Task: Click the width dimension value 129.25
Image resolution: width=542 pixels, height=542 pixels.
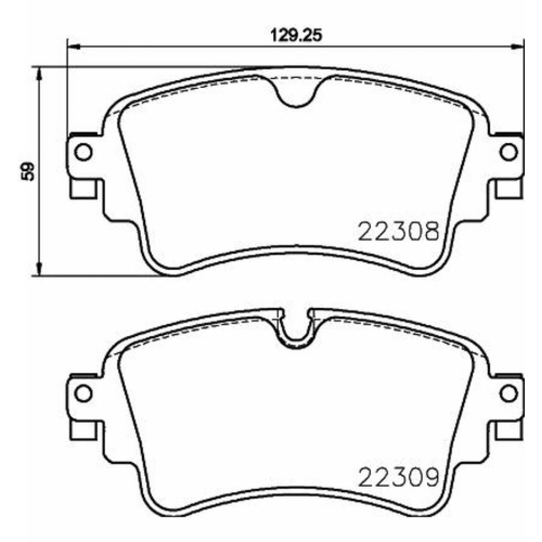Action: [x=295, y=36]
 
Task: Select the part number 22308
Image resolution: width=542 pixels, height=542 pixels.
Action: [x=398, y=231]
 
